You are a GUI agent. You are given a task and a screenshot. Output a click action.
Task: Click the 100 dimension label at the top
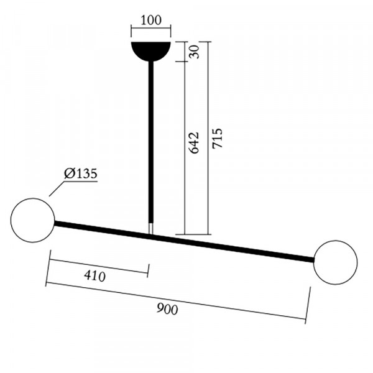(x=151, y=21)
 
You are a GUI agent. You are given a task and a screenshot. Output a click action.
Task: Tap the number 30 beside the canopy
(x=194, y=52)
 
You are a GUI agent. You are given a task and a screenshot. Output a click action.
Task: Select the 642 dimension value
(x=193, y=143)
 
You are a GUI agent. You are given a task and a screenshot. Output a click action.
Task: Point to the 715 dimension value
(x=218, y=139)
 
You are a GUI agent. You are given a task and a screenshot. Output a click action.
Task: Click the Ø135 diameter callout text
(x=81, y=173)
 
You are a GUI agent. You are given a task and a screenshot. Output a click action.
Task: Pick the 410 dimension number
(x=94, y=276)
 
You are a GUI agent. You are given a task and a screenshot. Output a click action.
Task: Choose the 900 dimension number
(x=167, y=309)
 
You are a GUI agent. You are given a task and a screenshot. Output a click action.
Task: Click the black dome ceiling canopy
(x=151, y=51)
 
